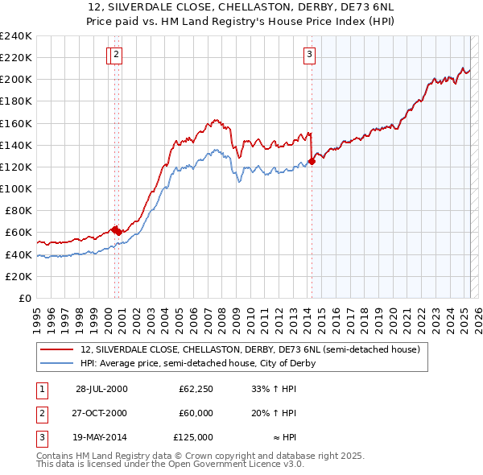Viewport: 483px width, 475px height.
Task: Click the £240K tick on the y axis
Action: (16, 36)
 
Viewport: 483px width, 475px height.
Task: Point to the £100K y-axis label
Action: (16, 188)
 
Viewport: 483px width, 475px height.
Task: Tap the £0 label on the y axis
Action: (24, 298)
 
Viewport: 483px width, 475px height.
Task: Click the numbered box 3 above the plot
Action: (309, 55)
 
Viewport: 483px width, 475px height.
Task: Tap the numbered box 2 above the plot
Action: (116, 55)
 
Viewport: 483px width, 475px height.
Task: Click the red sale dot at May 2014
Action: (312, 162)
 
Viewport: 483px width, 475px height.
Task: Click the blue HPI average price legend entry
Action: (197, 363)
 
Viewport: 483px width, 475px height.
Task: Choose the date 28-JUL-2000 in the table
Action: (101, 389)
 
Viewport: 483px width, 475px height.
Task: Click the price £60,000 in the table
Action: (196, 413)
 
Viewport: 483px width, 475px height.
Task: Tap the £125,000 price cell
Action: (193, 437)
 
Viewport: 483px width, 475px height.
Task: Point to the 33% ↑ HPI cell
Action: (274, 389)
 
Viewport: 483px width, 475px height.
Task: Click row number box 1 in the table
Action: (41, 389)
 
